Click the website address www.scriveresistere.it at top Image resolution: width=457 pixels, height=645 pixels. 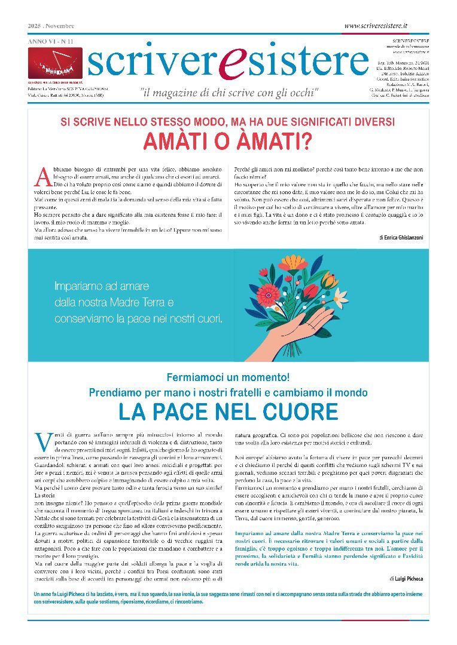click(376, 26)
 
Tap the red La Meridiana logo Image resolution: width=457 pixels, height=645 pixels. click(55, 62)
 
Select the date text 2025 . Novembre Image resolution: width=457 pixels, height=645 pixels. click(51, 26)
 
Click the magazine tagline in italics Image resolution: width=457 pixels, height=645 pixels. click(229, 93)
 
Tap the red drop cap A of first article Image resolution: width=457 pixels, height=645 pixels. click(42, 176)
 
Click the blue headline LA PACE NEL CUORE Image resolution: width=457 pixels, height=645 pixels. click(228, 411)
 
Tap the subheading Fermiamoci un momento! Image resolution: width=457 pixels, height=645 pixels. click(228, 377)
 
